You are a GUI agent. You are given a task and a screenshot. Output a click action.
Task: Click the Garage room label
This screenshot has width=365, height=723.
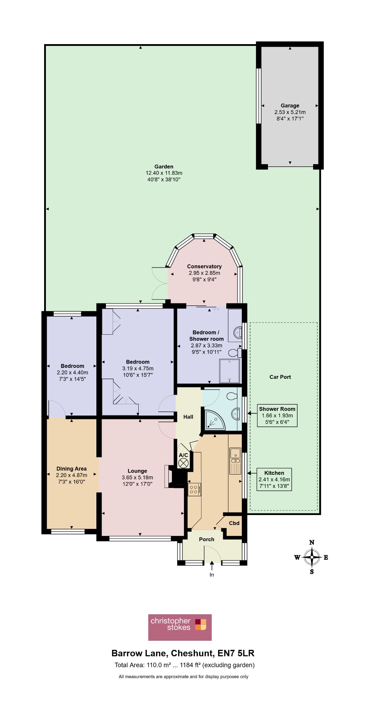coord(290,106)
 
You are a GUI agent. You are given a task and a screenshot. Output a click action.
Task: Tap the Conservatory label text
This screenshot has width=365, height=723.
coord(204,267)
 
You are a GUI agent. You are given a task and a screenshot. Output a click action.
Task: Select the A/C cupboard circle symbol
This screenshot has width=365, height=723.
coord(183,464)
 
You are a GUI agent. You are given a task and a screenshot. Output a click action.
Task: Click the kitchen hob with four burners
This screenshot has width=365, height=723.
coord(195,490)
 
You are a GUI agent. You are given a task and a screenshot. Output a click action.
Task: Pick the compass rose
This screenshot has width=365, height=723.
coord(312,557)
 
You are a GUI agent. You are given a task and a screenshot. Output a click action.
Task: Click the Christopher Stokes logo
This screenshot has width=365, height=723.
coord(180,627)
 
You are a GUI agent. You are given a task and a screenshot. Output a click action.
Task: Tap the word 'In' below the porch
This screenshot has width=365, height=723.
coord(212,575)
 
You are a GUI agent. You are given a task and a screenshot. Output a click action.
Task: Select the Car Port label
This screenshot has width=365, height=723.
coord(280,377)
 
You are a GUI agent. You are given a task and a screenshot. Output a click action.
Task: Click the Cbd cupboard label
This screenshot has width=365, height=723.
coord(234,523)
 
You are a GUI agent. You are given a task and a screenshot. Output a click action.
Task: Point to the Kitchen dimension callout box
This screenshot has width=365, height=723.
coord(274,480)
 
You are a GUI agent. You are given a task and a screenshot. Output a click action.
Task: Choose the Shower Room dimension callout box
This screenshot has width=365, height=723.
coord(277,416)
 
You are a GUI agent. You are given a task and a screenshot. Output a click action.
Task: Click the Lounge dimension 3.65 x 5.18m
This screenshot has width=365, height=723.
coord(137,478)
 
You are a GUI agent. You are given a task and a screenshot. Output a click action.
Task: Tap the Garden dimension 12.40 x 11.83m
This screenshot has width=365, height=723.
coord(164,173)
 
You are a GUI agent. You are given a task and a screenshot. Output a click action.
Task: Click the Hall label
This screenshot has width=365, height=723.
coord(188,417)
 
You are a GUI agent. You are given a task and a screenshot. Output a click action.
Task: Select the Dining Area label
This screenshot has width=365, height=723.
coord(72,469)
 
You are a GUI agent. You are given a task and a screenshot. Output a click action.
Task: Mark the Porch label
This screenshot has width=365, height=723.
coord(207,539)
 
